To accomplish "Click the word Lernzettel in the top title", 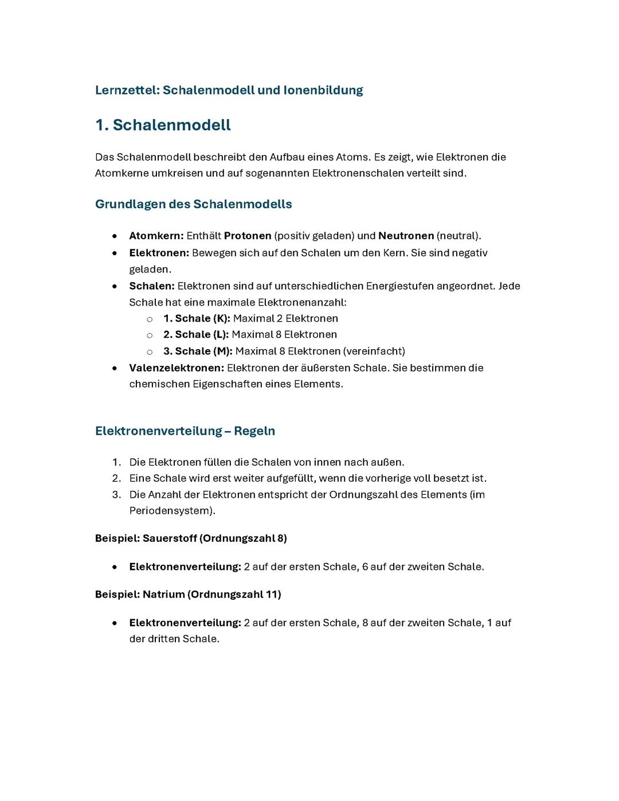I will tap(127, 90).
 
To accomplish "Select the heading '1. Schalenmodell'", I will tap(163, 125).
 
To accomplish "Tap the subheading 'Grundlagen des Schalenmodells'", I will tap(193, 204).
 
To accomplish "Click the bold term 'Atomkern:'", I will tap(156, 236).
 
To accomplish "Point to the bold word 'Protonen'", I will tap(248, 236).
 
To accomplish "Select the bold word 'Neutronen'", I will tap(406, 236).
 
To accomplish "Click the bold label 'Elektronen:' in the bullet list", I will tap(159, 253).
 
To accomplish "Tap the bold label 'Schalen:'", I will tap(151, 286).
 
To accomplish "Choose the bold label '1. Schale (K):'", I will tap(197, 318).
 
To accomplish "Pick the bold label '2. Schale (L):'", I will tap(195, 334).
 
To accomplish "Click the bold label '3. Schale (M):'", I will tap(198, 351).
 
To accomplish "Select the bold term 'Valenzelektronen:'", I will tap(176, 368).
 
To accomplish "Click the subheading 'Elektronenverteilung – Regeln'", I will tap(185, 431).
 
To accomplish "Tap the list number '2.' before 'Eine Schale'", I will tap(116, 478).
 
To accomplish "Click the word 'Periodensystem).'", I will tap(172, 510).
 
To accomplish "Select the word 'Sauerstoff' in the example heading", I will tap(169, 538).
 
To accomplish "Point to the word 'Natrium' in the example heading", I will tap(163, 594).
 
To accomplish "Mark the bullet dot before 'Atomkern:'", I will tap(115, 236).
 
